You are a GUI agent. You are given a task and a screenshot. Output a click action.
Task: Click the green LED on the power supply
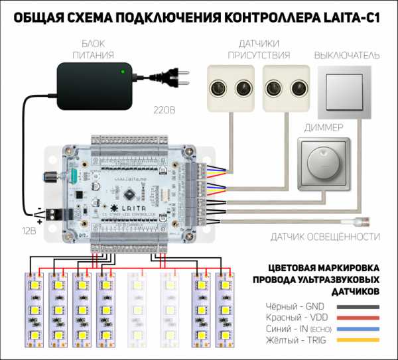(122, 71)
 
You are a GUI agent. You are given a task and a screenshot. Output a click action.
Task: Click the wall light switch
(348, 92)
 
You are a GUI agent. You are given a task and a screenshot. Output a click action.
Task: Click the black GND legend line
(360, 306)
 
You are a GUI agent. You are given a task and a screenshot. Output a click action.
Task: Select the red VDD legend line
(360, 318)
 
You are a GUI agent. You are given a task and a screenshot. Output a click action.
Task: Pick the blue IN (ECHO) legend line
(360, 329)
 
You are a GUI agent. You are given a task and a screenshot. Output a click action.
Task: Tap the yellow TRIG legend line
(360, 340)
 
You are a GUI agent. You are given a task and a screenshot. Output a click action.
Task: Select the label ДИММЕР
(322, 126)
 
